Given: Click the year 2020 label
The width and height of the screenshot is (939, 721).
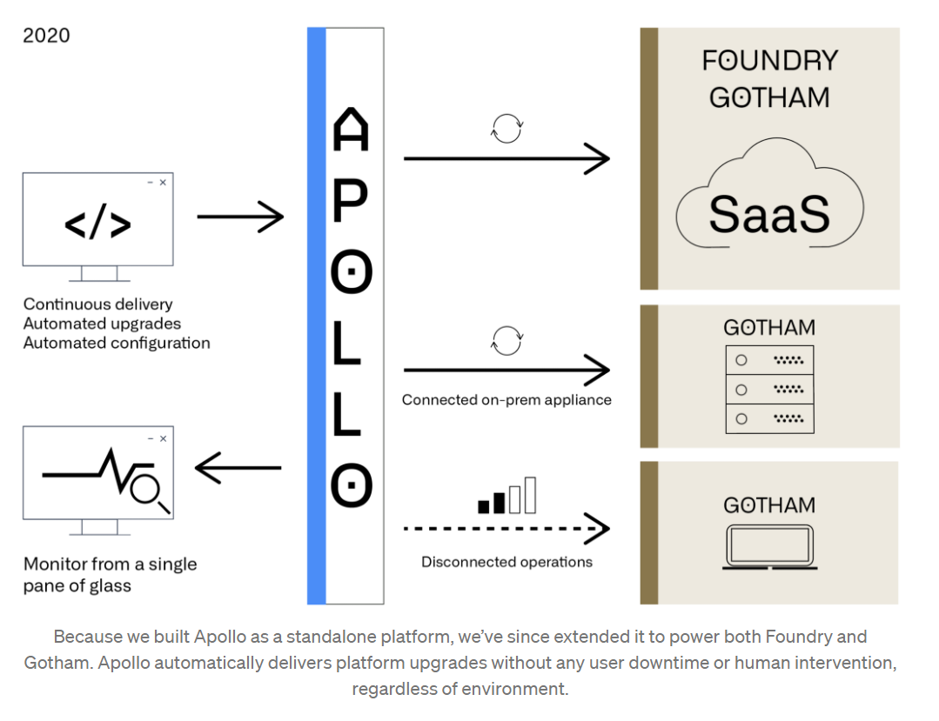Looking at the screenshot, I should [x=46, y=36].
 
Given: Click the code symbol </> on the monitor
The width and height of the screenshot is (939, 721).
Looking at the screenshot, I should [x=97, y=224].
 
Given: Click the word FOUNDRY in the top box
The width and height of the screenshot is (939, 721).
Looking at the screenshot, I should [x=769, y=61].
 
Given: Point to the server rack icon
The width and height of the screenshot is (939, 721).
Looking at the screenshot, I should [x=769, y=389].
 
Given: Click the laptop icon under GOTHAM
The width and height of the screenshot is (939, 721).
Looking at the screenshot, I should [x=769, y=547].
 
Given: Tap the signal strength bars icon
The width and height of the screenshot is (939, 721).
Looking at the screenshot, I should [x=506, y=497].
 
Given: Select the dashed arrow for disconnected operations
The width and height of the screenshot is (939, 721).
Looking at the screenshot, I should [x=506, y=528].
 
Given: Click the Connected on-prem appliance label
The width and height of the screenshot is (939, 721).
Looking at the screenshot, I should [x=506, y=400].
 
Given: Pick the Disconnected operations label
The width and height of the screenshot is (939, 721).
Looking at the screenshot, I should [x=506, y=562].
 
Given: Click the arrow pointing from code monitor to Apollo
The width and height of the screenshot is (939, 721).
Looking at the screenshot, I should [x=240, y=216].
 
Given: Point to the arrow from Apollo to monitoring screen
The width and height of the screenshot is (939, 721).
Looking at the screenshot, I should [x=238, y=469].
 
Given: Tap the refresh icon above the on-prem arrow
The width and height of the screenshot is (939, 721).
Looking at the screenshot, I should [x=506, y=341].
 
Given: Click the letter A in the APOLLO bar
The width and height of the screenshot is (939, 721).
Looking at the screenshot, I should [x=351, y=130].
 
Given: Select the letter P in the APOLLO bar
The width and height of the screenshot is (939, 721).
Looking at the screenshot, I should [x=351, y=202].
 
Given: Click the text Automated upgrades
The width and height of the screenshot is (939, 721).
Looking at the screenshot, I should [x=103, y=324].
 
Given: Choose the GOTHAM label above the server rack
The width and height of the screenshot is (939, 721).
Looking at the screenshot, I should [x=769, y=328].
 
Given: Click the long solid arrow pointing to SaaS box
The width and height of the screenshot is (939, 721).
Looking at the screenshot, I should [x=506, y=159].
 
